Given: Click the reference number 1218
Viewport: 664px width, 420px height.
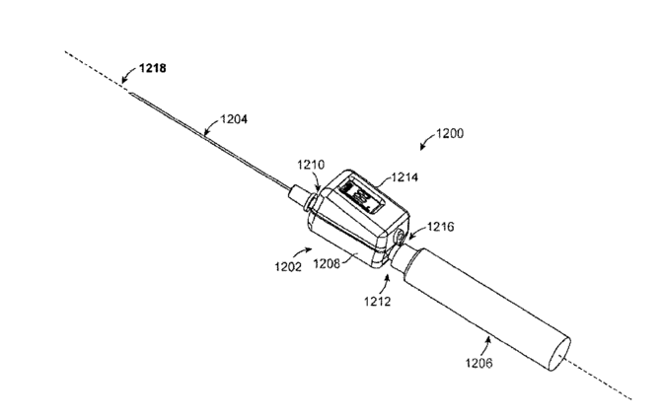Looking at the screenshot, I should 150,70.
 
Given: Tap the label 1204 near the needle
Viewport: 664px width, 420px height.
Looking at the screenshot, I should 232,120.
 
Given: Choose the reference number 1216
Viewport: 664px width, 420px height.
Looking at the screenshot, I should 440,228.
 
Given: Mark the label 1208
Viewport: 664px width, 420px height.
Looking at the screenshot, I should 329,264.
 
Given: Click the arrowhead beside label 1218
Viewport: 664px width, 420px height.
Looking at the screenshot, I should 123,78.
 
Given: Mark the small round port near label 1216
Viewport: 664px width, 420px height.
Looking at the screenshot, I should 400,238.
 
